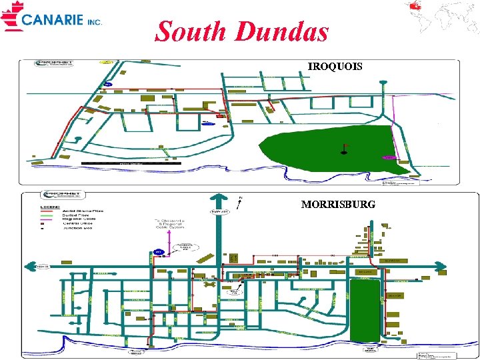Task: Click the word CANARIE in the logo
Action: pyautogui.click(x=53, y=20)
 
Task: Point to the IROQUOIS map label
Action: pyautogui.click(x=335, y=67)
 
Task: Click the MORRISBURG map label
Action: pyautogui.click(x=338, y=204)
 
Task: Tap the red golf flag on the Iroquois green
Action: pyautogui.click(x=345, y=147)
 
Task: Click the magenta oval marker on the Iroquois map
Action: pyautogui.click(x=389, y=157)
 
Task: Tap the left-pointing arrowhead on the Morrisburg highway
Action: pyautogui.click(x=29, y=267)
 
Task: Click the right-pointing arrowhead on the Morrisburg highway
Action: pyautogui.click(x=441, y=267)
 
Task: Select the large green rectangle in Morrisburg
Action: pyautogui.click(x=365, y=311)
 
